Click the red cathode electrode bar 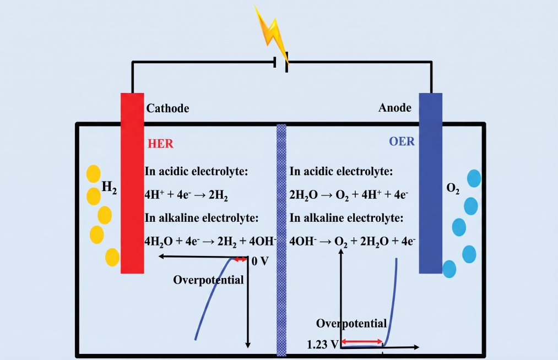pos(132,183)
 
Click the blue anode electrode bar pos(431,183)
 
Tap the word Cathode pos(167,108)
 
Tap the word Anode pos(394,107)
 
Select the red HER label pos(160,143)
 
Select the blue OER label pos(402,141)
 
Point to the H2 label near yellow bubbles pos(109,187)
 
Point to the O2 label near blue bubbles pos(453,188)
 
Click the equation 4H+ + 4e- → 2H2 pos(186,195)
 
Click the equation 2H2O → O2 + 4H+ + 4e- pos(349,195)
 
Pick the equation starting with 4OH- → pos(353,242)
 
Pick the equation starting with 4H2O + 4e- pos(210,242)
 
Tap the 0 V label pos(260,261)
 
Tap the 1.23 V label pos(323,345)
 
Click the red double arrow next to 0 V pos(240,259)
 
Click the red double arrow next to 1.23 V pos(362,342)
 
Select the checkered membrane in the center pos(281,240)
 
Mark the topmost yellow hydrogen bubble pos(93,174)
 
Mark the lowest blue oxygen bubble pos(449,269)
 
